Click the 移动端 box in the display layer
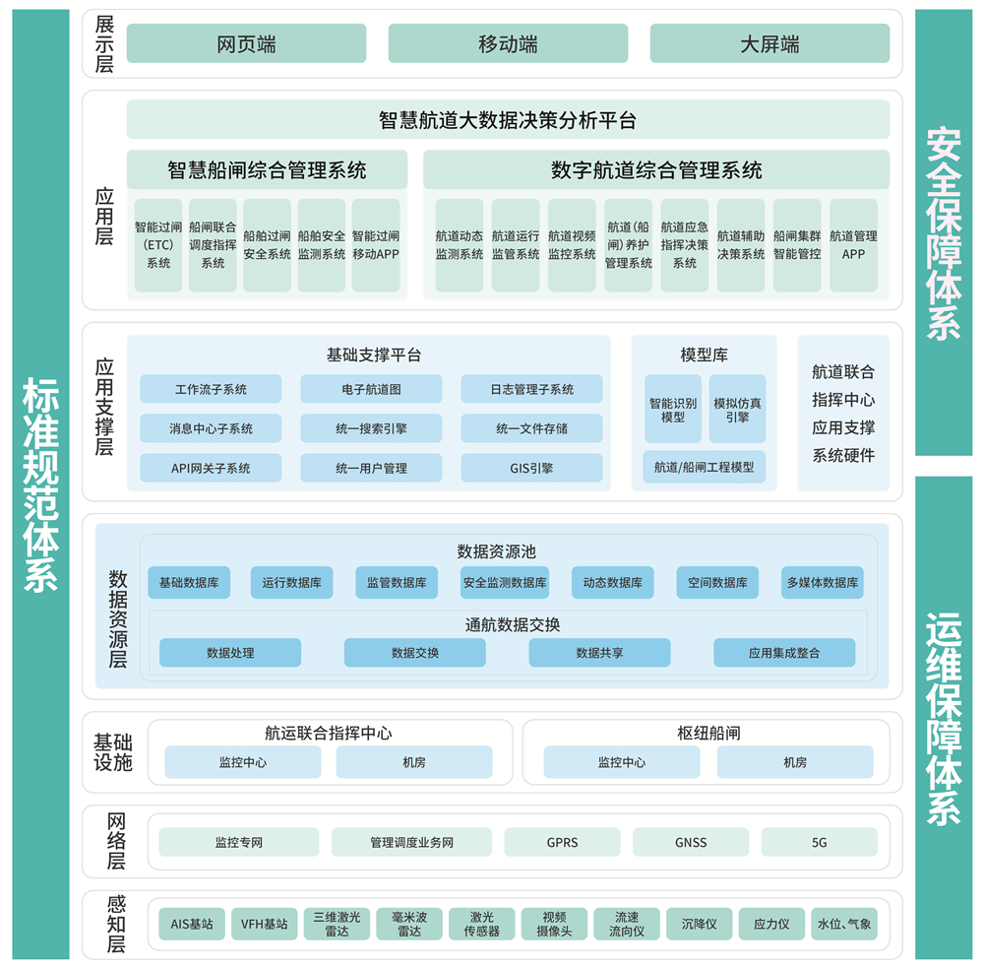tap(508, 43)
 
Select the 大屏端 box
tap(769, 43)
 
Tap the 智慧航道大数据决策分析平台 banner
tap(508, 119)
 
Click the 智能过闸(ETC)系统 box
tap(158, 245)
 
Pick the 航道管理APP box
tap(853, 245)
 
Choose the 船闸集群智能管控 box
tap(797, 245)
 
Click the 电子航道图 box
tap(371, 389)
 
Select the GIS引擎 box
tap(531, 468)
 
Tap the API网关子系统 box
tap(211, 468)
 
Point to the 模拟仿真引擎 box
tap(737, 410)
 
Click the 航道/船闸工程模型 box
tap(705, 467)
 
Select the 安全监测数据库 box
tap(505, 582)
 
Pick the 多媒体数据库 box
tap(822, 582)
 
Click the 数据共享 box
tap(599, 653)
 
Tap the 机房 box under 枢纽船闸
tap(795, 762)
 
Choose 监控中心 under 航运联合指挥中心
tap(243, 762)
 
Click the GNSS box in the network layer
tap(691, 842)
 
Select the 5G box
tap(819, 842)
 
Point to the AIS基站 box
tap(192, 924)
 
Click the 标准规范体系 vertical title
tap(40, 484)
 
